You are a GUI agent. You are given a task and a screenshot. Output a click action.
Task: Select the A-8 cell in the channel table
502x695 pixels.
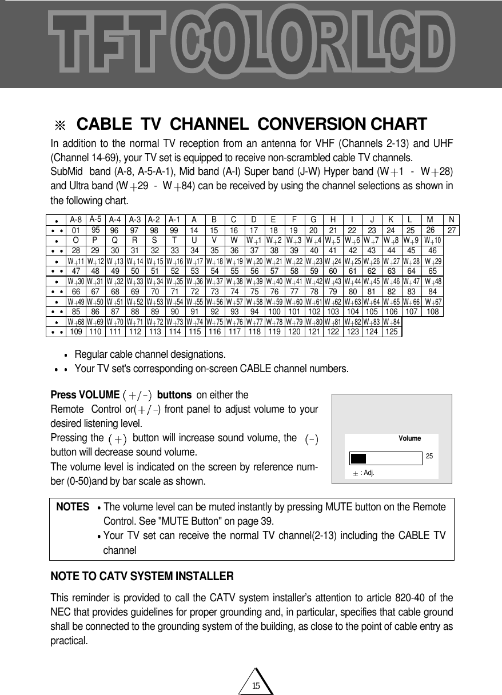coord(75,219)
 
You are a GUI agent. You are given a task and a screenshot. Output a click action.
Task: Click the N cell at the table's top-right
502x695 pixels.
coord(452,219)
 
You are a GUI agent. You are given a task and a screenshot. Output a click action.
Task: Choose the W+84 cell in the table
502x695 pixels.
coord(392,322)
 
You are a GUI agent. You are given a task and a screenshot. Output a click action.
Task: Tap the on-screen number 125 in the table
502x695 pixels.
coord(392,331)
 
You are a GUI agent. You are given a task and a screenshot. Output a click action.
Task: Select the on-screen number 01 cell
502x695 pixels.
coord(75,230)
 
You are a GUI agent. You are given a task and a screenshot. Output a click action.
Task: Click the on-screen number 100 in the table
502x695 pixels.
coord(274,312)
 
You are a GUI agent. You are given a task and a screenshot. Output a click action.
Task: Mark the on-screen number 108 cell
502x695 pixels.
coord(432,312)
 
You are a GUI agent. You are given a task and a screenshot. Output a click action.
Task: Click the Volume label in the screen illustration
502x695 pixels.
coord(409,438)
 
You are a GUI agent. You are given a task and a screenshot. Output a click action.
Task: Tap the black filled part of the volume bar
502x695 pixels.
coord(358,458)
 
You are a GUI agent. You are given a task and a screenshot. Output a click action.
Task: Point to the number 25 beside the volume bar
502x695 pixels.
coord(429,456)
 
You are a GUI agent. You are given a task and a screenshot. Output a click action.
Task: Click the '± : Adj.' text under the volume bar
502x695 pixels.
coord(364,473)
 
